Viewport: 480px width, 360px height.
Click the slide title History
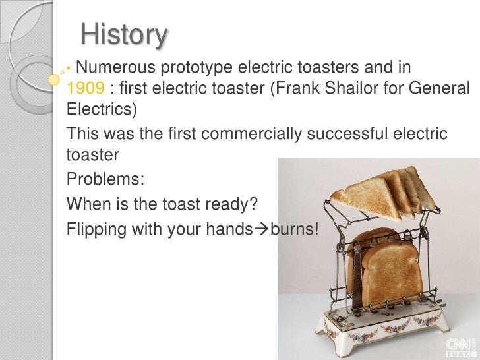coord(124,35)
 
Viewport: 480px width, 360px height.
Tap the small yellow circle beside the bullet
coord(55,79)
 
